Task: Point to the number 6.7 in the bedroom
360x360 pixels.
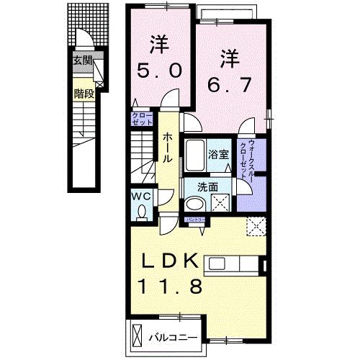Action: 230,84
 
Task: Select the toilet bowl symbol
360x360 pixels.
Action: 142,211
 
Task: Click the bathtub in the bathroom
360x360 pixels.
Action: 196,153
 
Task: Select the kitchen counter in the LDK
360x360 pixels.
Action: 235,264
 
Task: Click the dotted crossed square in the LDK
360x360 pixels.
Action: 254,227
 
